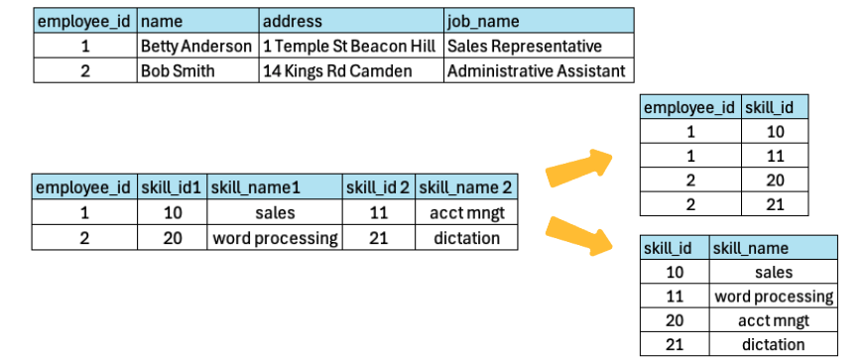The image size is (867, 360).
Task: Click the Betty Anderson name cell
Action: [196, 46]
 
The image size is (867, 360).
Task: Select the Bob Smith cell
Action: [178, 70]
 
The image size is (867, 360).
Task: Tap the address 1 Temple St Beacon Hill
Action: [351, 46]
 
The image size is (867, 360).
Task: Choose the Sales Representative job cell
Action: [524, 46]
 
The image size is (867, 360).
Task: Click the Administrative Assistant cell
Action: [537, 70]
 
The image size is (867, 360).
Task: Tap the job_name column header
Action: [483, 21]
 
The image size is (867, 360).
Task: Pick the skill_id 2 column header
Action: [378, 186]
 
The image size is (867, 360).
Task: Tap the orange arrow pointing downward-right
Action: [579, 235]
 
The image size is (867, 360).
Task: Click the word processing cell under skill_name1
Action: [275, 238]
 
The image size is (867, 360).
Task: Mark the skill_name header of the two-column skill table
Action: [750, 248]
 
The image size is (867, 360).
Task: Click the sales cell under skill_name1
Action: [275, 211]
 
